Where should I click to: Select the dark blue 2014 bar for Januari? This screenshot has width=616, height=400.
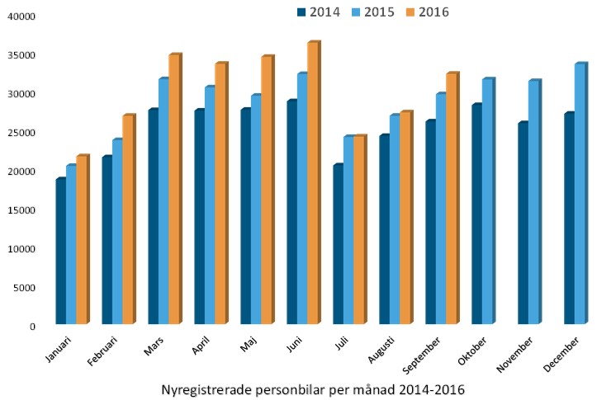click(x=60, y=251)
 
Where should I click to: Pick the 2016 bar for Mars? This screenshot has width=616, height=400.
click(x=173, y=189)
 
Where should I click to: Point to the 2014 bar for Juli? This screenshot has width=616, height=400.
click(x=338, y=244)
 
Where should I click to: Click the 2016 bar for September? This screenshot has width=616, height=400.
click(x=451, y=199)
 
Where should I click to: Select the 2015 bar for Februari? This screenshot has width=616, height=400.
click(x=117, y=232)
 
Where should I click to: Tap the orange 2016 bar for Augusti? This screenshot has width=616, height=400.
click(x=405, y=218)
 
